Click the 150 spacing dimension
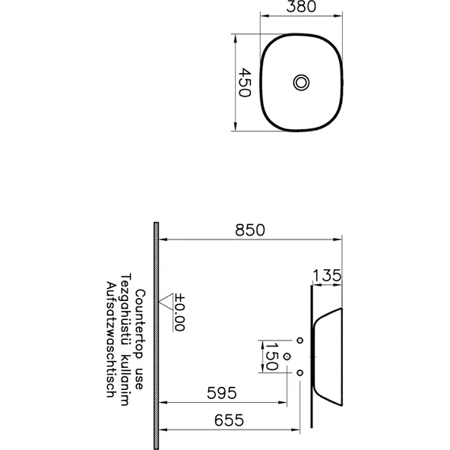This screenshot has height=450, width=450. coord(269,356)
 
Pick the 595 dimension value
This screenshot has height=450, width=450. coord(221,393)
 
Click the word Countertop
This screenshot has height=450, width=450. coord(140,318)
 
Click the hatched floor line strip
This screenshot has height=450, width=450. coord(156,334)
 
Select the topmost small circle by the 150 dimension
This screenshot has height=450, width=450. coord(300,340)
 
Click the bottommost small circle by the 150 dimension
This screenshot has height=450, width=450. coord(300,372)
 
